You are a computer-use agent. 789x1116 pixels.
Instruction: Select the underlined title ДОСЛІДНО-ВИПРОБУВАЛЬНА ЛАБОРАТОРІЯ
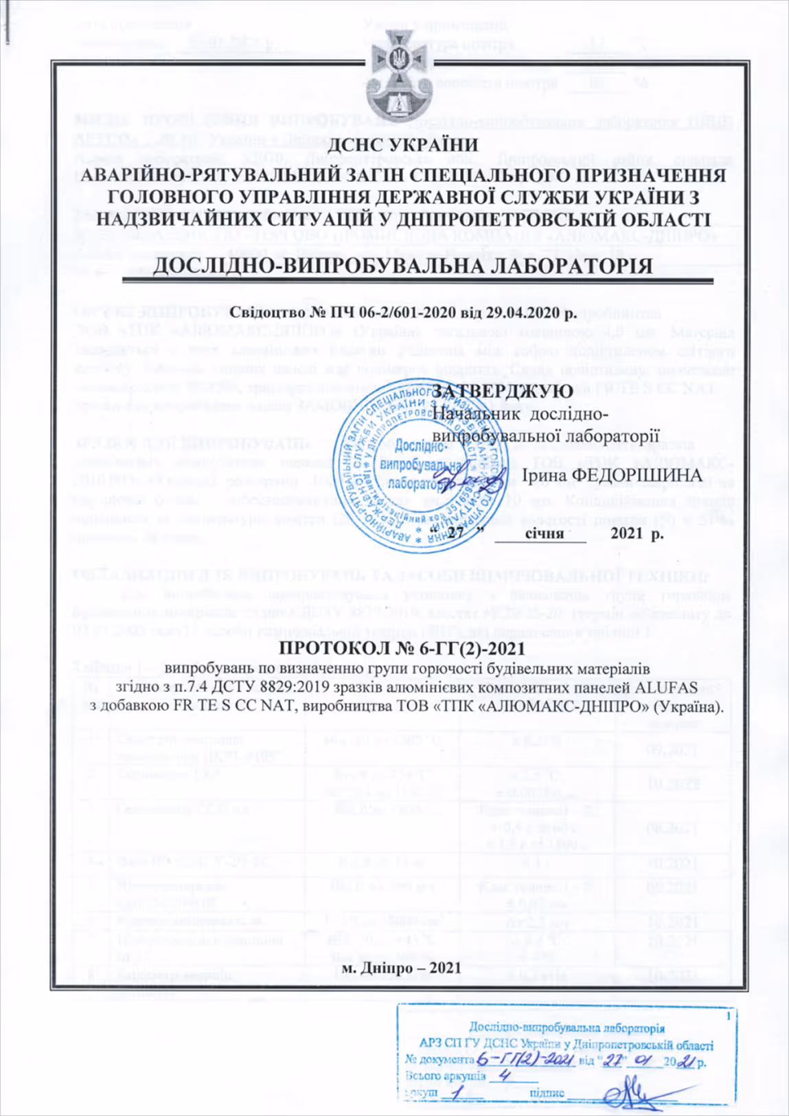(x=402, y=266)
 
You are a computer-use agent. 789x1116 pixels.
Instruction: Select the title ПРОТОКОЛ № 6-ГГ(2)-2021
(x=402, y=649)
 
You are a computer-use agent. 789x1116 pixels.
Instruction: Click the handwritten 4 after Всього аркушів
(x=506, y=1075)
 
